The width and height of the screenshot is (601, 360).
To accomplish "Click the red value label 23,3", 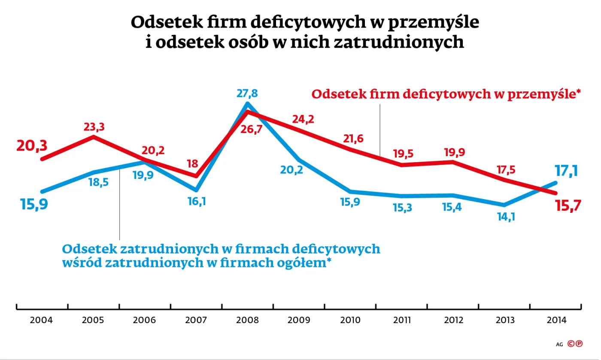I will (x=94, y=127).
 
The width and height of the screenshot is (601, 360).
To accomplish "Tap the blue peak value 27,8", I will (x=248, y=94).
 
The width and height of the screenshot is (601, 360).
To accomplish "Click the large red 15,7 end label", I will (x=568, y=206).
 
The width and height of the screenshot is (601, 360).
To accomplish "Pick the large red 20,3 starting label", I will (x=32, y=146).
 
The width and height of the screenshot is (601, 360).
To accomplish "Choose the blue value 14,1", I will (x=505, y=217).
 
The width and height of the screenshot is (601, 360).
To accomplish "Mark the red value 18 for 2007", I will (x=193, y=163).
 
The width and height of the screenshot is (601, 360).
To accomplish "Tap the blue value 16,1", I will (x=196, y=201).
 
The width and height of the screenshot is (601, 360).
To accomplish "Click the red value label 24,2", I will (x=303, y=119).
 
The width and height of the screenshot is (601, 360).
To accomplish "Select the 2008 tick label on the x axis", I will (x=248, y=320).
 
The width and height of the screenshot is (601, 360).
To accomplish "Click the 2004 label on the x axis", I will (x=42, y=320).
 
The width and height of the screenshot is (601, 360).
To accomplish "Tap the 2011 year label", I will (x=402, y=320).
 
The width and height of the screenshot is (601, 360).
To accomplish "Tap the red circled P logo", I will (x=579, y=343).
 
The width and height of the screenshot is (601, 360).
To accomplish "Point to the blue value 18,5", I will (x=98, y=182).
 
